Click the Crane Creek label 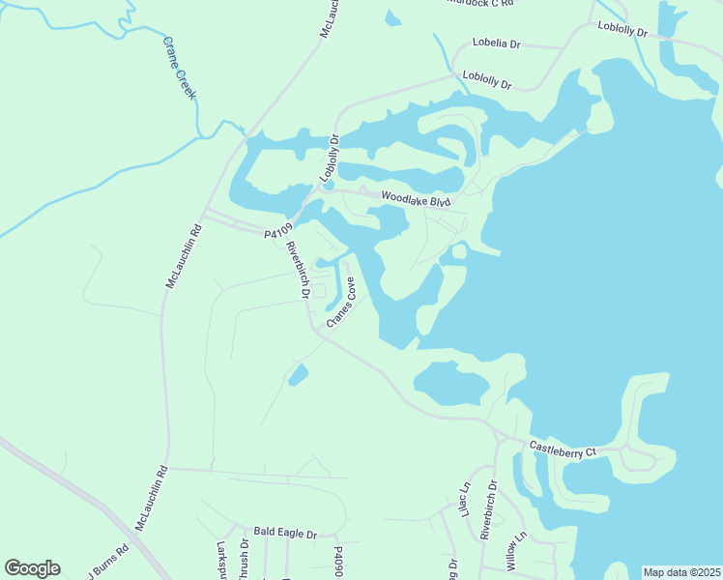point(180,70)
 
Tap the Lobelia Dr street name point(496,43)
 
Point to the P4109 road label point(276,233)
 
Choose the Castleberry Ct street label point(564,450)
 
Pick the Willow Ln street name point(515,549)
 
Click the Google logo point(32,568)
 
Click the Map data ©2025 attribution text point(681,572)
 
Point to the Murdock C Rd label point(480,3)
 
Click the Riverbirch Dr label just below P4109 point(297,270)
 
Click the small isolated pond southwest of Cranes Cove point(298,374)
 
